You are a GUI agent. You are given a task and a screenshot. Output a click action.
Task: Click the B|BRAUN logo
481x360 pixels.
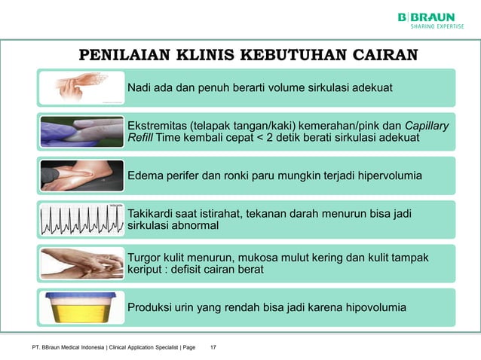(427, 17)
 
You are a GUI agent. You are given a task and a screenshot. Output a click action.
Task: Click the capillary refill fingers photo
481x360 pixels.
(81, 131)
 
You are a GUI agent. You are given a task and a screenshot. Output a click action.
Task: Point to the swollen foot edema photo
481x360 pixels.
(81, 175)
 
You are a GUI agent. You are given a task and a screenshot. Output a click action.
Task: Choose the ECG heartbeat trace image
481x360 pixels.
(81, 219)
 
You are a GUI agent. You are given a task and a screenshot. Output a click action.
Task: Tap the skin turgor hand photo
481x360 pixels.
(81, 263)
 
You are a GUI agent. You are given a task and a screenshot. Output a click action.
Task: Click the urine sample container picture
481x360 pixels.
(81, 307)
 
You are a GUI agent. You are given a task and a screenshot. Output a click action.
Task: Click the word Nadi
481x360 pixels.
(139, 87)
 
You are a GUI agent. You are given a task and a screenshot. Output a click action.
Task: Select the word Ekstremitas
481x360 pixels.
(157, 125)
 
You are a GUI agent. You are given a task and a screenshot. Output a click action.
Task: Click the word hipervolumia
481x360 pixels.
(390, 175)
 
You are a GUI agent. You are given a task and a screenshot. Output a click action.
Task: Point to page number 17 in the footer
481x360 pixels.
(213, 347)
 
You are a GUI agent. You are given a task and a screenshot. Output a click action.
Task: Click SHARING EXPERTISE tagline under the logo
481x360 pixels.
(437, 27)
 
